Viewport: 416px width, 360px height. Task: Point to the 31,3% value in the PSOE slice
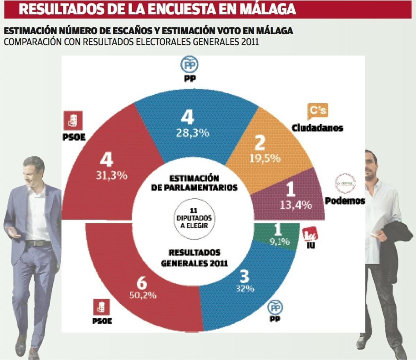(112, 175)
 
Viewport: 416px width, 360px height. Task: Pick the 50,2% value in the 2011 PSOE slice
(143, 295)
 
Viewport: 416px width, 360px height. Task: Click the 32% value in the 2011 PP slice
(245, 288)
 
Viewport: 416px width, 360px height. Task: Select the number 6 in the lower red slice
(141, 283)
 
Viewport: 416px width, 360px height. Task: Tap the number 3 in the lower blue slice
(244, 277)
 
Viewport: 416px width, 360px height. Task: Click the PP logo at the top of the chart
(189, 65)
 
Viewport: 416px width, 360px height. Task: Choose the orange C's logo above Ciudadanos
(318, 111)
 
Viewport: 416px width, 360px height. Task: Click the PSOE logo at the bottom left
(102, 307)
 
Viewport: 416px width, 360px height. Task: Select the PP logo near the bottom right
(275, 307)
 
